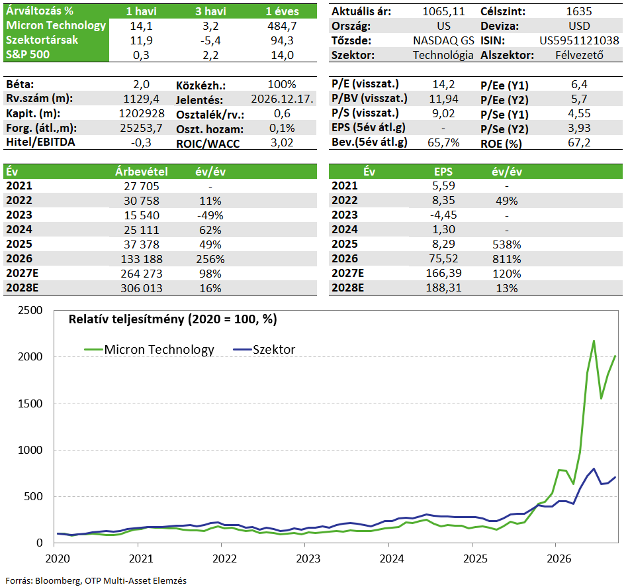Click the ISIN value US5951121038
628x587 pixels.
pos(579,40)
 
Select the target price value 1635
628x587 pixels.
pos(579,11)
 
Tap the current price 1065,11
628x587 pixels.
pos(443,11)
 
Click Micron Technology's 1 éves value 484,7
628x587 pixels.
pos(282,26)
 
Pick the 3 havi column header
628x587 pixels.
pos(210,11)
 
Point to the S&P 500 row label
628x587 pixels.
pos(28,54)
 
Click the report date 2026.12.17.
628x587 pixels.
pos(283,99)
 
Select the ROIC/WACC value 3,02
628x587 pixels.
pos(282,142)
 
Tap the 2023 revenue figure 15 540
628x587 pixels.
pos(142,215)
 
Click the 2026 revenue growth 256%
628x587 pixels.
pos(210,259)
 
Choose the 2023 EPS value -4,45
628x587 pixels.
pos(443,215)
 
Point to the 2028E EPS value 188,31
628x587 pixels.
pos(443,288)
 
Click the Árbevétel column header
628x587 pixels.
pos(142,172)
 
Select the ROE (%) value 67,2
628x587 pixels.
pos(579,142)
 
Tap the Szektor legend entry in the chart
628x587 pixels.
pos(264,350)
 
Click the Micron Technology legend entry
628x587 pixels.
pos(149,350)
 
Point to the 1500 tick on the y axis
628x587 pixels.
pos(30,403)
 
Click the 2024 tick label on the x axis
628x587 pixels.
pos(392,559)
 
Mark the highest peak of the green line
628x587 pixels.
pos(594,341)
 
